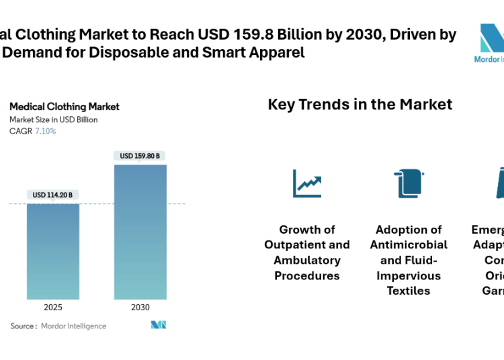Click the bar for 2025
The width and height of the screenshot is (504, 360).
click(x=53, y=251)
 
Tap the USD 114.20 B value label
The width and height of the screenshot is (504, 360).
click(x=53, y=195)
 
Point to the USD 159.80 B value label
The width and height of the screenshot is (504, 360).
click(x=140, y=156)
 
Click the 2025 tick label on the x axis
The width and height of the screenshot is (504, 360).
click(x=53, y=307)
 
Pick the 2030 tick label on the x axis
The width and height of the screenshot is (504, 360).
click(x=140, y=307)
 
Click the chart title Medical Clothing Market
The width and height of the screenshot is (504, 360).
click(x=65, y=107)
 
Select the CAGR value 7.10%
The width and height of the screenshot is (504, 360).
click(x=46, y=131)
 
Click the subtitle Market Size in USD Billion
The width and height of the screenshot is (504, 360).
click(x=54, y=120)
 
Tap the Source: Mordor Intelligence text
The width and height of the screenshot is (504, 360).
click(x=58, y=326)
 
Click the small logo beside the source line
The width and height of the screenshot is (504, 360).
click(x=158, y=325)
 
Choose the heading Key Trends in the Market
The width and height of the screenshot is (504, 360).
click(x=360, y=105)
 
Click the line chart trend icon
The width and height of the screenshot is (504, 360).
click(x=307, y=183)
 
